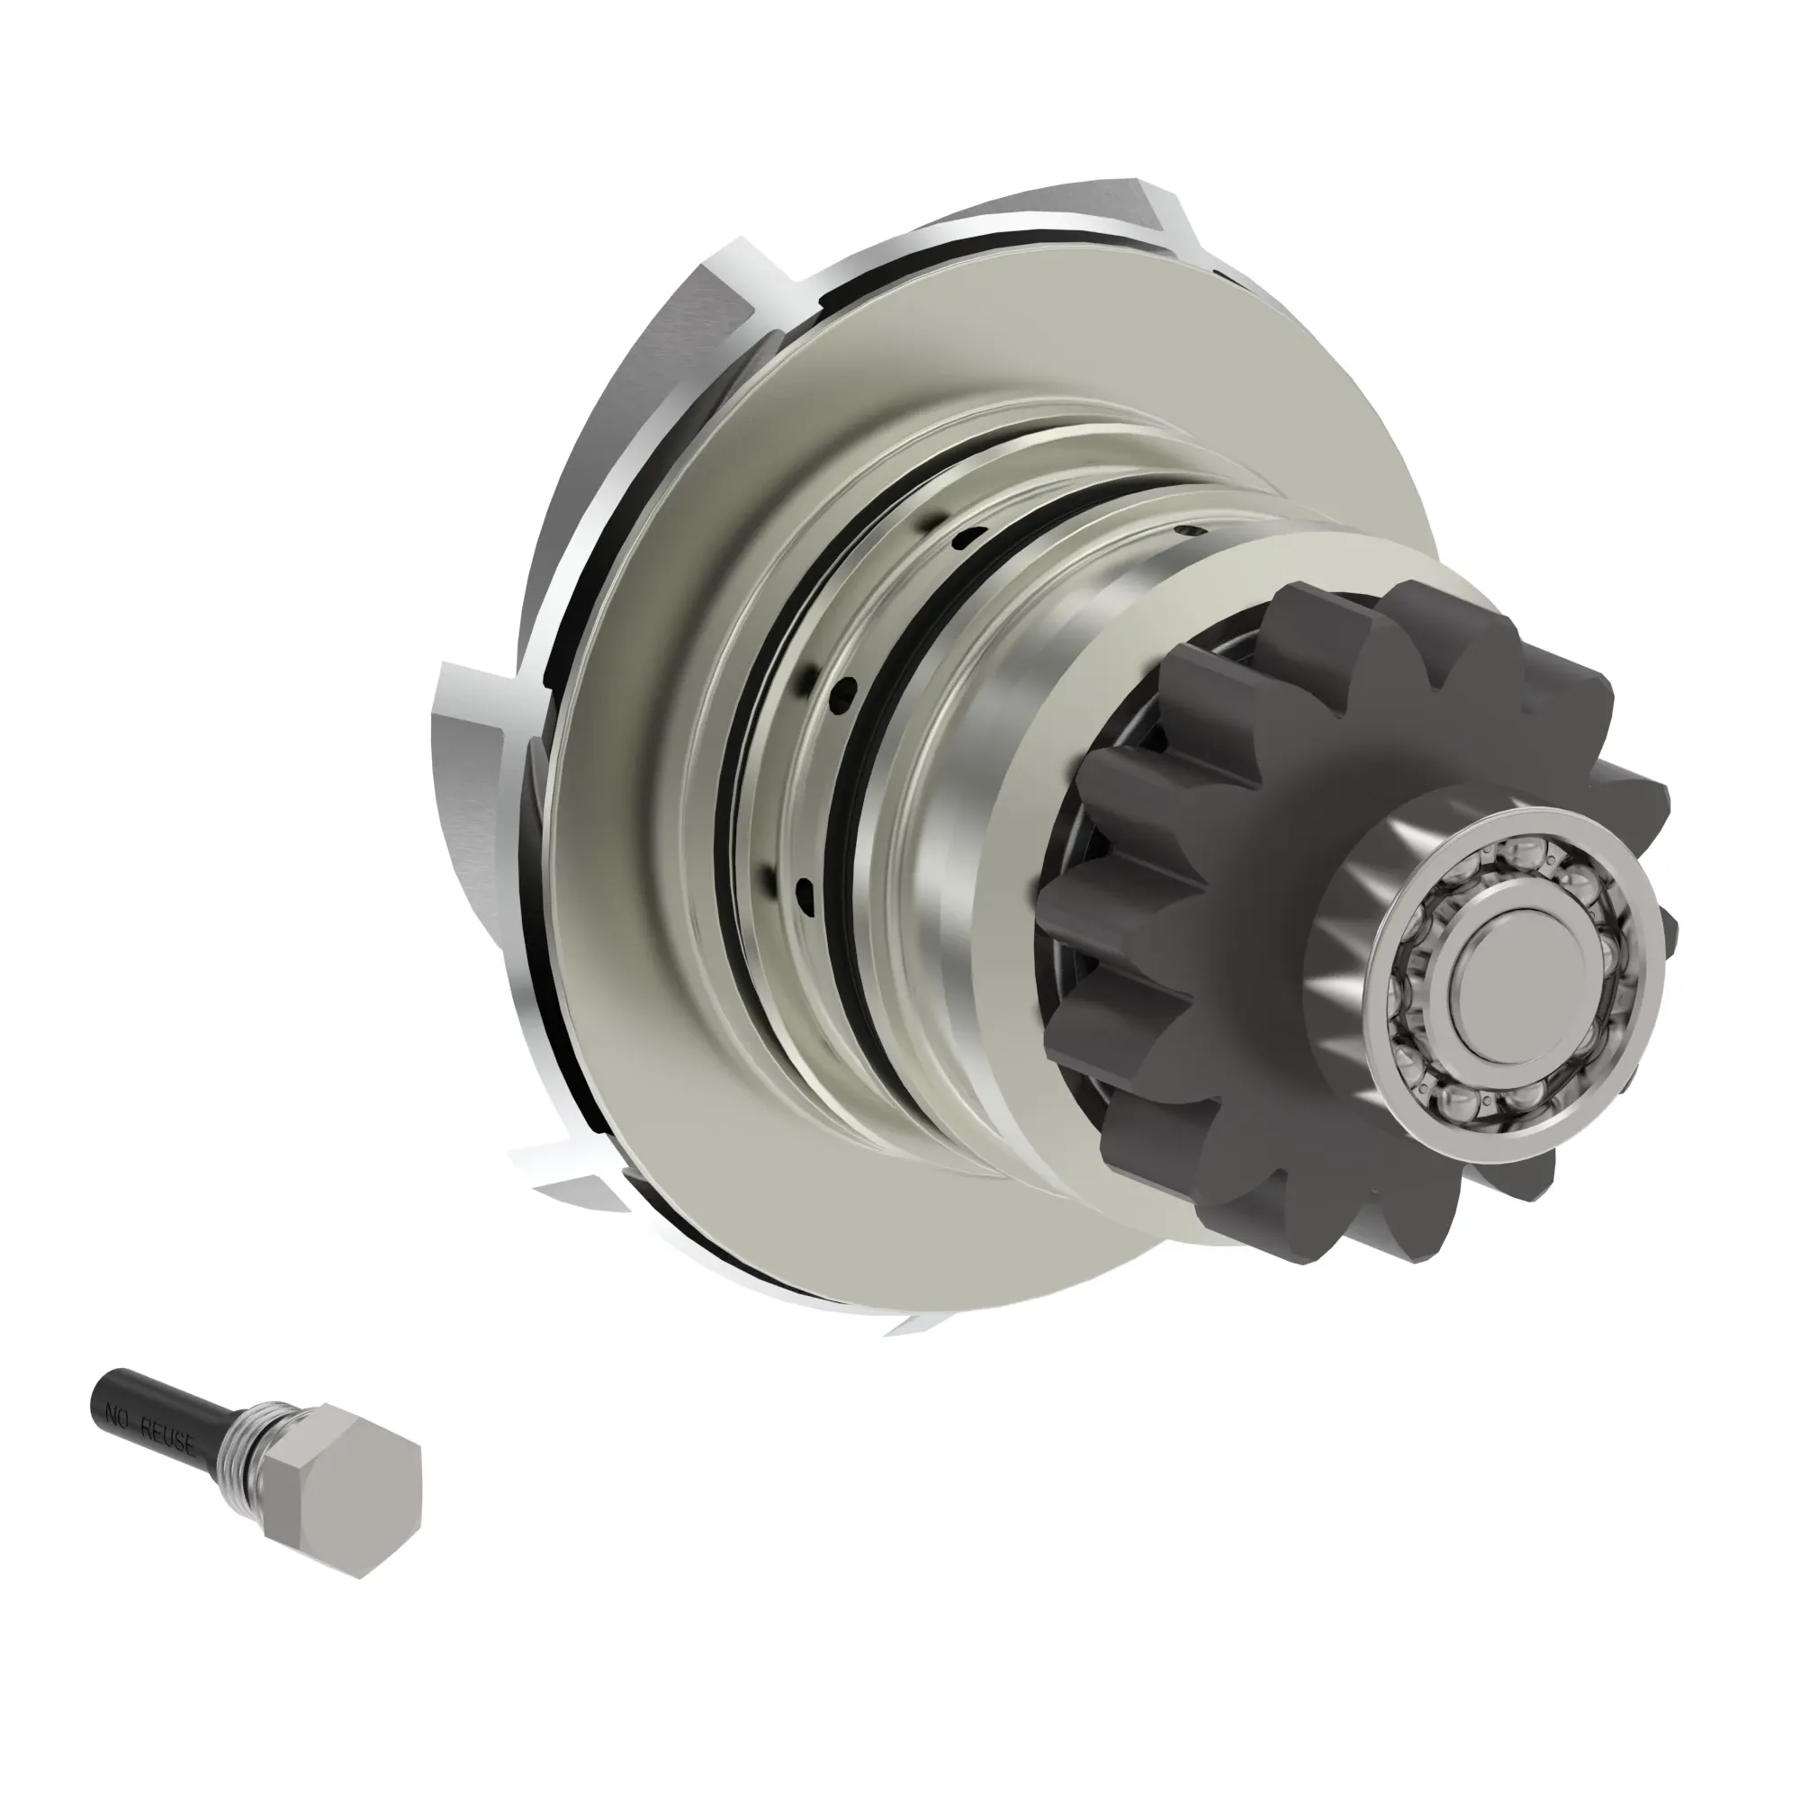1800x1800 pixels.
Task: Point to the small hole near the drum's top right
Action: pyautogui.click(x=1184, y=532)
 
